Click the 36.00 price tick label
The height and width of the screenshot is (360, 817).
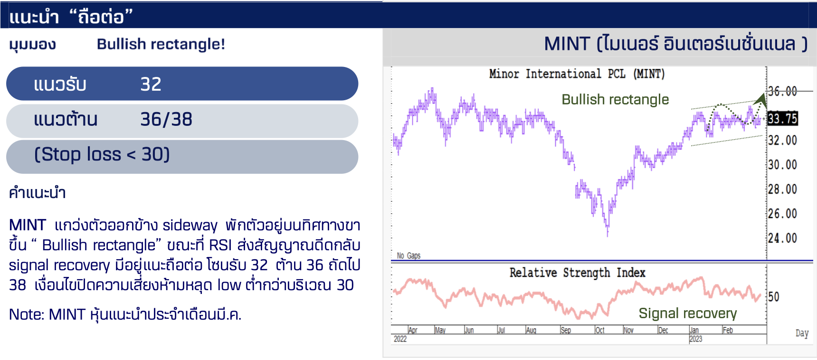(782, 91)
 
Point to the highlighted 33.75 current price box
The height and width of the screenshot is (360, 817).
(782, 118)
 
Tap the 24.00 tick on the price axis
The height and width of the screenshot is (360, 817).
(782, 238)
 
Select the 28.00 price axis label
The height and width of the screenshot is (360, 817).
(782, 189)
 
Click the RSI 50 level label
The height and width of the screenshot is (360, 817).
(774, 297)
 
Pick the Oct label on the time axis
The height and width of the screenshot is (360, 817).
(600, 330)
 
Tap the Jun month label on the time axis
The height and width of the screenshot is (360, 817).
(469, 330)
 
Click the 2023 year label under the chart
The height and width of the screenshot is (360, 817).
(696, 339)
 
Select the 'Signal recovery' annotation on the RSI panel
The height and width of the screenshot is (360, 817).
(688, 313)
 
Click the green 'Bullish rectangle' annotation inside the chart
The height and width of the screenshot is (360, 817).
(615, 100)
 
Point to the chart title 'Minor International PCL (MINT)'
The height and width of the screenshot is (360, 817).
(577, 74)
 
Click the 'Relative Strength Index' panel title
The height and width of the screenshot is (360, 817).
(578, 273)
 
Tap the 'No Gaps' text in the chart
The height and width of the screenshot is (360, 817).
(408, 256)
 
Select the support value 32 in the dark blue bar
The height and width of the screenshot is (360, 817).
(151, 84)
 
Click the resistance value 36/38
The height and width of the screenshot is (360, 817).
(166, 119)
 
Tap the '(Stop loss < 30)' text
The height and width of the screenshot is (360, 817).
(102, 154)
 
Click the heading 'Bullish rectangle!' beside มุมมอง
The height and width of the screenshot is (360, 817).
(161, 44)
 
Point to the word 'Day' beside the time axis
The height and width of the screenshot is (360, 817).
(802, 333)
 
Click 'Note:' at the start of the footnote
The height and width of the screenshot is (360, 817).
(27, 314)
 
